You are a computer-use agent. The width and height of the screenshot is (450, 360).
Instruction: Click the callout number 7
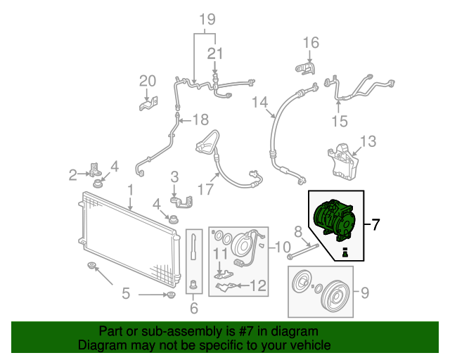click(376, 225)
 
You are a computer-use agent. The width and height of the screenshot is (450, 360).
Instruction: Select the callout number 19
click(205, 19)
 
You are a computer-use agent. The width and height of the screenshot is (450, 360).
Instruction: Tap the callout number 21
click(215, 53)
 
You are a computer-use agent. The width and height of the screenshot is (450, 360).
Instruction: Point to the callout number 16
click(311, 44)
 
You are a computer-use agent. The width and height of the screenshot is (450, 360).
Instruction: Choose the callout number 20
click(146, 81)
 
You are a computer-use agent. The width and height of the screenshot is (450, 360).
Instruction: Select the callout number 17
click(205, 189)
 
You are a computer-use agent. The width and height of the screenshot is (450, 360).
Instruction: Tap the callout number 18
click(200, 119)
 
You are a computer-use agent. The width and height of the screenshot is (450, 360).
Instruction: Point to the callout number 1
click(130, 190)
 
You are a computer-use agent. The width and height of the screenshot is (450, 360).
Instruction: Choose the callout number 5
click(126, 293)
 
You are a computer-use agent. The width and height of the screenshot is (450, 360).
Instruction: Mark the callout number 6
click(194, 307)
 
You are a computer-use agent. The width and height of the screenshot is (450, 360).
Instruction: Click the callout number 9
click(364, 290)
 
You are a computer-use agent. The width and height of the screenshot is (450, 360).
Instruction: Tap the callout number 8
click(297, 231)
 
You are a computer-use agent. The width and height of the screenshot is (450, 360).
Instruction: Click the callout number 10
click(283, 247)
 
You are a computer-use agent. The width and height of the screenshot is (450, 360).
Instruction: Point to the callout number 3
click(174, 175)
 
